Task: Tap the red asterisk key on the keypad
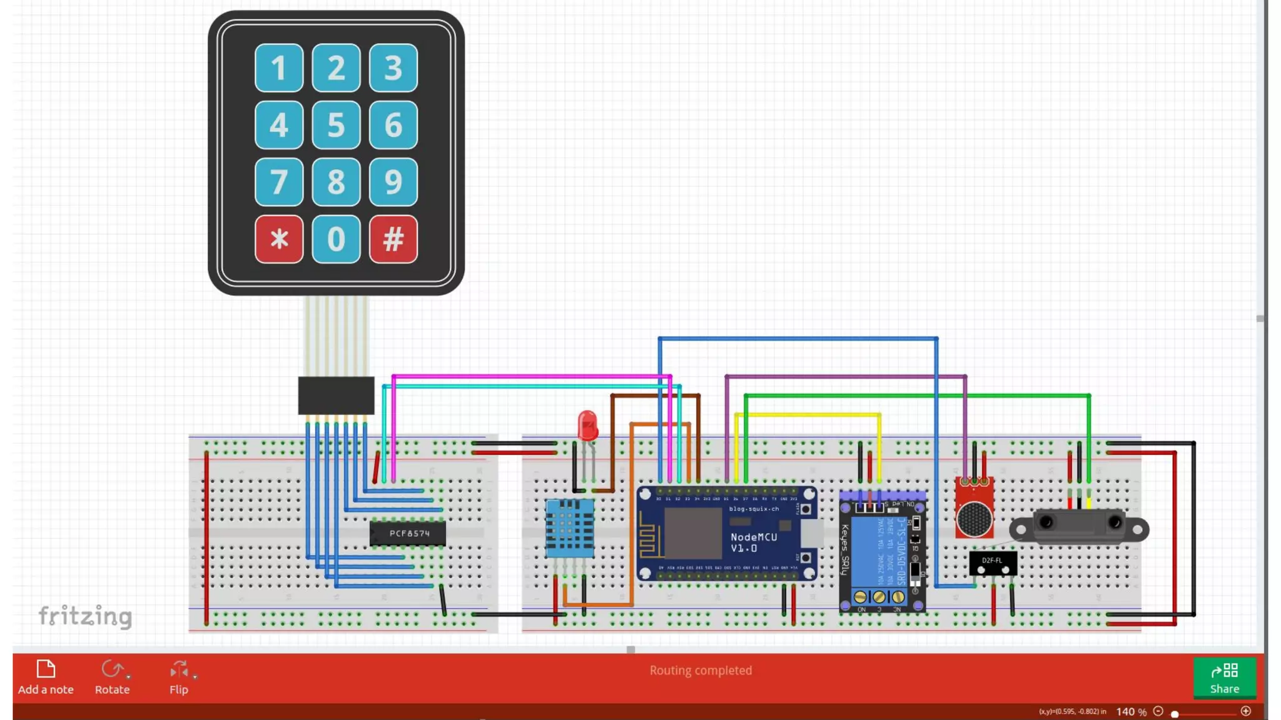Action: (x=279, y=239)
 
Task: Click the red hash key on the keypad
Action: (x=393, y=239)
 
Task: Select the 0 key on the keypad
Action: (x=336, y=239)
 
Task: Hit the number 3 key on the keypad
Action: (x=393, y=67)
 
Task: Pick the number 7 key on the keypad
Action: (x=279, y=182)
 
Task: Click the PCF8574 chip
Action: (x=408, y=534)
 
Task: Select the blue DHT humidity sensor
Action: (x=569, y=528)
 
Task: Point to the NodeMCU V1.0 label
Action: (x=753, y=542)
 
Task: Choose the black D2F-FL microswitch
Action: (x=993, y=563)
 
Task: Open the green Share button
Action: (x=1224, y=677)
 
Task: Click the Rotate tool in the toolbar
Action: (x=113, y=677)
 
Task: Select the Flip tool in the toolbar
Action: (x=179, y=677)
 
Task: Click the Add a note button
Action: (x=46, y=677)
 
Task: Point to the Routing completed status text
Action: (x=701, y=671)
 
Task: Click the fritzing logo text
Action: (x=85, y=616)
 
